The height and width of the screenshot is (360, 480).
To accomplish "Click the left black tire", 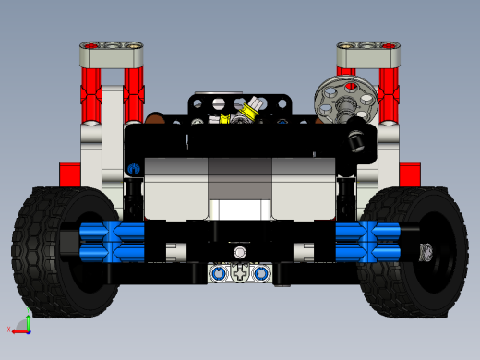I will point(42,249).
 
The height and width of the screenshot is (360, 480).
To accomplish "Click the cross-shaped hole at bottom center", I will point(240,273).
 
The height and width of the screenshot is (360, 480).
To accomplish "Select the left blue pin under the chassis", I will point(218,273).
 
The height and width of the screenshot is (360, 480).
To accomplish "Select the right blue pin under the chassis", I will point(262,273).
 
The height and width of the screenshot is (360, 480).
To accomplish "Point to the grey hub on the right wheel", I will point(426,251).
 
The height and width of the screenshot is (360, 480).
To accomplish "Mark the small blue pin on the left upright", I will point(135,169).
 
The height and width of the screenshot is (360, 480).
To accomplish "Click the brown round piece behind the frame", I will point(157,119).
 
